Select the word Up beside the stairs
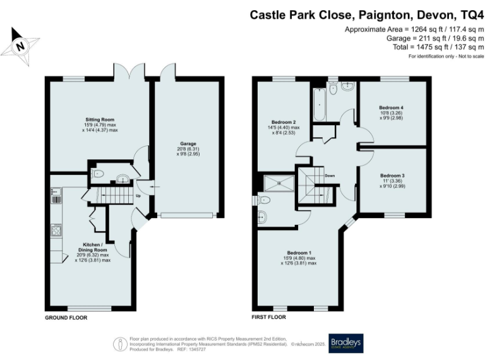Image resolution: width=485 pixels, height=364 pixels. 138,197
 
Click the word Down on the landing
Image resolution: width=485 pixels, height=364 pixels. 329,175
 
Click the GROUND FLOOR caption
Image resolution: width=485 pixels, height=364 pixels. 66,317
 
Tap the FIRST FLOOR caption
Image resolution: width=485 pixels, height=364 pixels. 269,317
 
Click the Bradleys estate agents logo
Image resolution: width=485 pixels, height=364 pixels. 345,342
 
